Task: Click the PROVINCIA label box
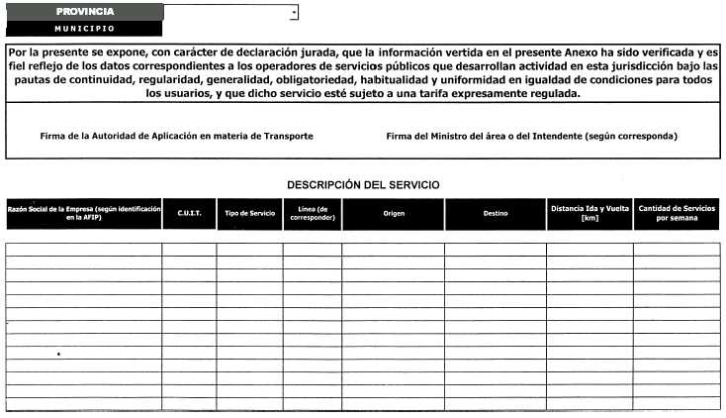(x=84, y=11)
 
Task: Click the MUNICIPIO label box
(x=84, y=28)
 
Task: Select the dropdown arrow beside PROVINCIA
(x=294, y=13)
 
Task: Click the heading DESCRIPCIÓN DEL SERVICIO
(x=363, y=185)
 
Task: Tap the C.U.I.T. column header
(x=189, y=214)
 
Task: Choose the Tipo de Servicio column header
(x=250, y=214)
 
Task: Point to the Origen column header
(x=393, y=214)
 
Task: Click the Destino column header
(x=496, y=214)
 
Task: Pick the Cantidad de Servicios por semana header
(x=678, y=214)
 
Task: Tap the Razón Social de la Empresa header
(x=83, y=214)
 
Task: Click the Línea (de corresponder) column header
(x=313, y=214)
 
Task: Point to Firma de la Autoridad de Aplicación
(x=176, y=136)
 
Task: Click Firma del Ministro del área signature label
(x=531, y=136)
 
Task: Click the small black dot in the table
(x=58, y=354)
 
